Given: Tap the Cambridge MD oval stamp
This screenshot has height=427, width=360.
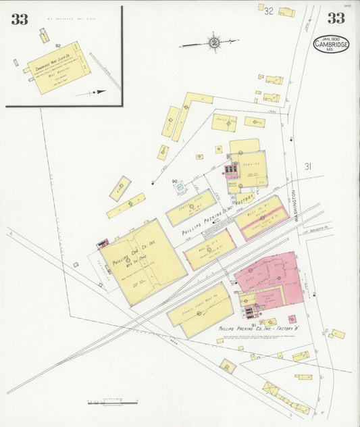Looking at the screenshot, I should pyautogui.click(x=331, y=44).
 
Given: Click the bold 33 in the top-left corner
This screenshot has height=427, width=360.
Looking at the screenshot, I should pyautogui.click(x=19, y=19).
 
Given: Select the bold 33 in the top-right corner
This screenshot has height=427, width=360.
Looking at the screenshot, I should pyautogui.click(x=336, y=18).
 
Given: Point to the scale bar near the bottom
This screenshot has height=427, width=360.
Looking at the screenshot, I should pyautogui.click(x=113, y=403).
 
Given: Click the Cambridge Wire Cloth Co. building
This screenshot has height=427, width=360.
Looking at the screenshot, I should pyautogui.click(x=59, y=68).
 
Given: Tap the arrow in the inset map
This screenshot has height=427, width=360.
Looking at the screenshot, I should pyautogui.click(x=98, y=91).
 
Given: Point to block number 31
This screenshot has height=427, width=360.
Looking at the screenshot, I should pyautogui.click(x=308, y=166).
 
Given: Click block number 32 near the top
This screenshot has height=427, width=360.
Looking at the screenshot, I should pyautogui.click(x=268, y=11).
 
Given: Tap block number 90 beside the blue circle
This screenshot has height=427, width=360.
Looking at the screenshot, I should pyautogui.click(x=174, y=181).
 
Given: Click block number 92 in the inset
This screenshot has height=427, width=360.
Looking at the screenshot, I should pyautogui.click(x=58, y=46).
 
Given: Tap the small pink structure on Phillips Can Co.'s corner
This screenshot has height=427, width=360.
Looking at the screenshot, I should pyautogui.click(x=103, y=243).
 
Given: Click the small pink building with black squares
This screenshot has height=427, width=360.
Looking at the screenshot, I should pyautogui.click(x=231, y=169).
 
